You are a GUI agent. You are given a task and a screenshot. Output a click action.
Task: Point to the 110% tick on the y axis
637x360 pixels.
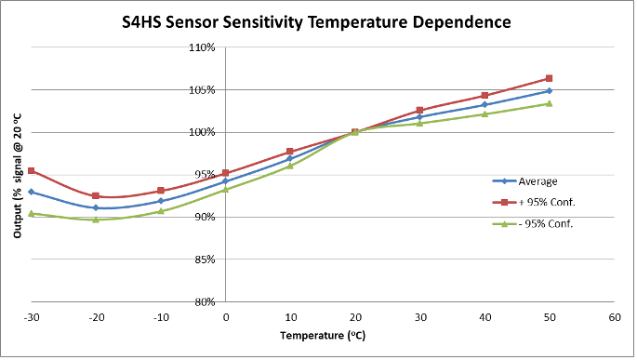pyautogui.click(x=203, y=47)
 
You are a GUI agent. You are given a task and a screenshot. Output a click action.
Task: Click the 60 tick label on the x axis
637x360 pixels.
pyautogui.click(x=614, y=317)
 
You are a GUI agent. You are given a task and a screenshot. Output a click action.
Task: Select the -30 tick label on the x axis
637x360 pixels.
pyautogui.click(x=31, y=317)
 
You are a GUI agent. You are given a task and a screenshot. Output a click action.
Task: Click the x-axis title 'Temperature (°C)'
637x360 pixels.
pyautogui.click(x=322, y=333)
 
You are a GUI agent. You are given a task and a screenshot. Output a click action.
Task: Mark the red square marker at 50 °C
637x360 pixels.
pyautogui.click(x=549, y=78)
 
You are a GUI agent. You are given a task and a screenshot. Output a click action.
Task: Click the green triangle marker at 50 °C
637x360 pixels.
pyautogui.click(x=549, y=103)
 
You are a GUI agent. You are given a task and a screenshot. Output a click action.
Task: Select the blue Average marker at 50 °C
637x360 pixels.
pyautogui.click(x=549, y=91)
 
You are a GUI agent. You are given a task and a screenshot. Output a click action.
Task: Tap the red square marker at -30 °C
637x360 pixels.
pyautogui.click(x=31, y=170)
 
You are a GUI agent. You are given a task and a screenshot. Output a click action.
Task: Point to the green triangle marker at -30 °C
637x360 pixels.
pyautogui.click(x=31, y=213)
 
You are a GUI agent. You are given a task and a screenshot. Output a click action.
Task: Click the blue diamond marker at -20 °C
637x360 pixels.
pyautogui.click(x=96, y=207)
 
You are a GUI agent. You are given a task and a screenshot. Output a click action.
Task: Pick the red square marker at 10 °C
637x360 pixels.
pyautogui.click(x=290, y=152)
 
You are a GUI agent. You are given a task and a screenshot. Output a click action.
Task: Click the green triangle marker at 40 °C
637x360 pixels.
pyautogui.click(x=484, y=113)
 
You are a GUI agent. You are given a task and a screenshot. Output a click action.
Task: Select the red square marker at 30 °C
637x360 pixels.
pyautogui.click(x=419, y=110)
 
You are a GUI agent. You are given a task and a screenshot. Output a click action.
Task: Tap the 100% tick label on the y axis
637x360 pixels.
pyautogui.click(x=203, y=132)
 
